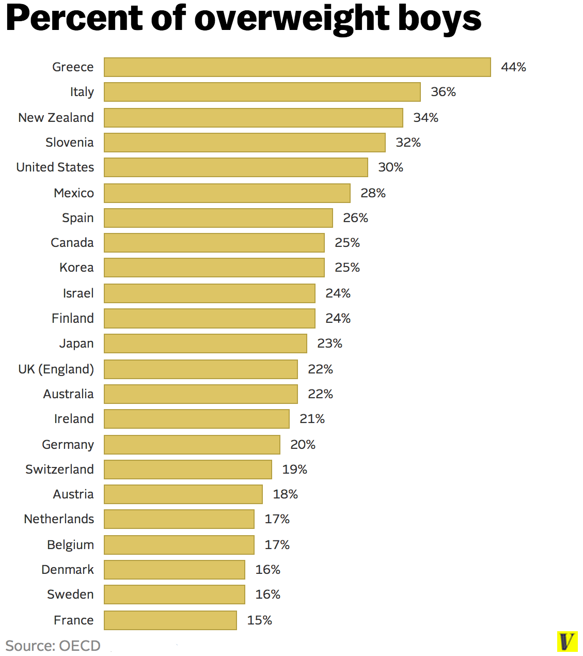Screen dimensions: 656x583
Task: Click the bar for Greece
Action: click(297, 67)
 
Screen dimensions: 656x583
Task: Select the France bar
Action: click(170, 620)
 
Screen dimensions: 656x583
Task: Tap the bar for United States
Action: click(236, 167)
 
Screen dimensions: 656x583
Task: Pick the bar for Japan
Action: click(206, 343)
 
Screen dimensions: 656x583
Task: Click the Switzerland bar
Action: click(188, 470)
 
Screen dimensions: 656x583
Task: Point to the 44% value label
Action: click(513, 67)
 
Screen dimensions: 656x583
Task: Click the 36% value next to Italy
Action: click(443, 92)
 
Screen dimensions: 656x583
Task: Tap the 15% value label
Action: click(259, 620)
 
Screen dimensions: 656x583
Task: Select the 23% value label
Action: click(329, 343)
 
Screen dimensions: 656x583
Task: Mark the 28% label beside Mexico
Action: click(373, 193)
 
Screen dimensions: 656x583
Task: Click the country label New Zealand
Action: click(56, 118)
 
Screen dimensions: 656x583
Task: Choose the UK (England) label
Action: click(56, 369)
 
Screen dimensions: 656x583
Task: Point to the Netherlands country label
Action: click(59, 519)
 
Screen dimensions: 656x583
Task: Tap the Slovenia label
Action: click(69, 143)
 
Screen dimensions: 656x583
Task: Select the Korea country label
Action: click(76, 268)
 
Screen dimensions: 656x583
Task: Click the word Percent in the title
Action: click(74, 19)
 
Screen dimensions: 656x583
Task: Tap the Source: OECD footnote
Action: click(53, 646)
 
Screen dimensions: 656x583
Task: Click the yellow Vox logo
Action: click(566, 642)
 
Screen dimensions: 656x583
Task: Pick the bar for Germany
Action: click(192, 445)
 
